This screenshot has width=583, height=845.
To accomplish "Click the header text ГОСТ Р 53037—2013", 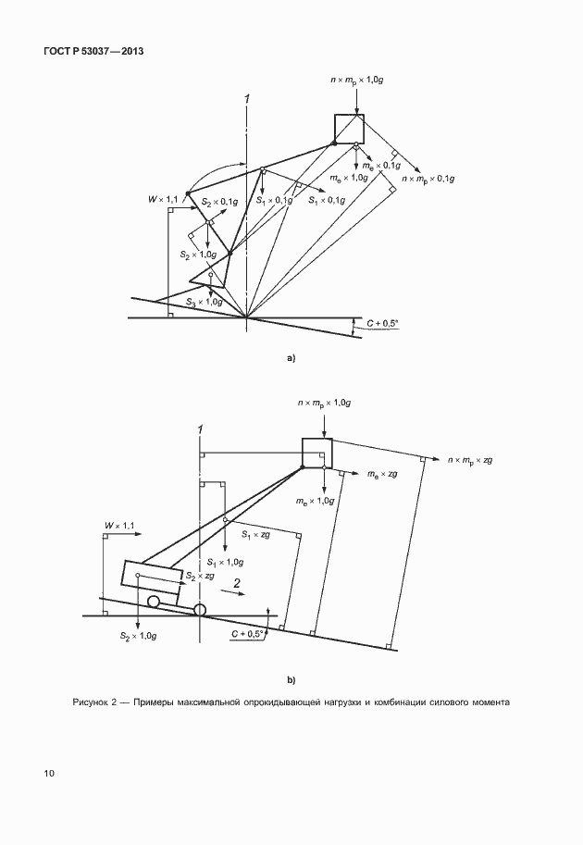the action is pos(93,52).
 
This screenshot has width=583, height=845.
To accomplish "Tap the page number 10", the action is pos(49,774).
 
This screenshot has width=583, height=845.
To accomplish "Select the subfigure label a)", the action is pos(291,358).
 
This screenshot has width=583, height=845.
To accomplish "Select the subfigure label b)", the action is pos(291,680).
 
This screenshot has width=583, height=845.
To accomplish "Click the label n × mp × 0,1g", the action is pos(428,179).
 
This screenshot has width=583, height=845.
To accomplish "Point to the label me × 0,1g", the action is pos(381,166).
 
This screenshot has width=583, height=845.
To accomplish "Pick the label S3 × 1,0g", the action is pos(205,303).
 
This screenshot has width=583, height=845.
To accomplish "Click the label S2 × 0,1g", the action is pos(219,202).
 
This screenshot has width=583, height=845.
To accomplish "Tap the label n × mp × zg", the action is pos(470,460).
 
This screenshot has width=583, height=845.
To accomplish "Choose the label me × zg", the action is pos(382,474).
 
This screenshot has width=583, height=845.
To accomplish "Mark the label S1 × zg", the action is pos(256,535).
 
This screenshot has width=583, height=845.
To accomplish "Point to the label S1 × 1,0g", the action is pos(225,562).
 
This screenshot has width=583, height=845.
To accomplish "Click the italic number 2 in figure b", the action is pos(237,582).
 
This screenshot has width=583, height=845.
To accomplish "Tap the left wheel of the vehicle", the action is pos(154,602).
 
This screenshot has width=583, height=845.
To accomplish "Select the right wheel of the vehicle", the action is pos(200,610).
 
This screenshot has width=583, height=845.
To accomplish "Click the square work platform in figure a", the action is pos(349,129).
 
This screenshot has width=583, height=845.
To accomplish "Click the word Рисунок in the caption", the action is pos(90,702).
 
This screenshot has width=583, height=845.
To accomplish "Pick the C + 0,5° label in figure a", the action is pos(382,323).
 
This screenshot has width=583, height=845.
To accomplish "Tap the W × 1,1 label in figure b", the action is pos(119,526).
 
